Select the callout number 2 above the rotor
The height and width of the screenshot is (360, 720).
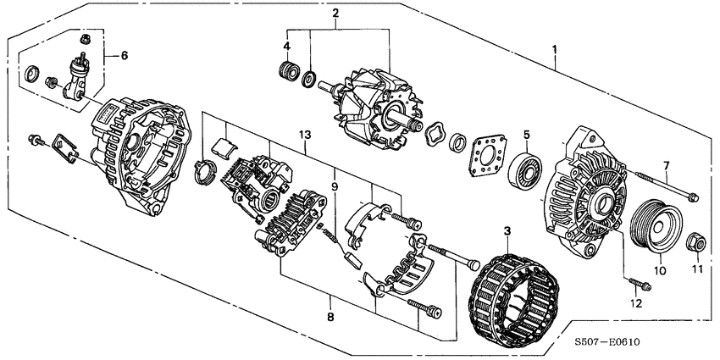click(x=335, y=13)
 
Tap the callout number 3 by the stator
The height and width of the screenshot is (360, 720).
click(x=507, y=230)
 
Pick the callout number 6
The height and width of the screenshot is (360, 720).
click(x=124, y=55)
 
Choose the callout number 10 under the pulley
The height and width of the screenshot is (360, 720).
click(x=662, y=272)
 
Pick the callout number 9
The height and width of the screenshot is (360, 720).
click(x=334, y=186)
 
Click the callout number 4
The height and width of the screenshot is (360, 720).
click(x=286, y=45)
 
